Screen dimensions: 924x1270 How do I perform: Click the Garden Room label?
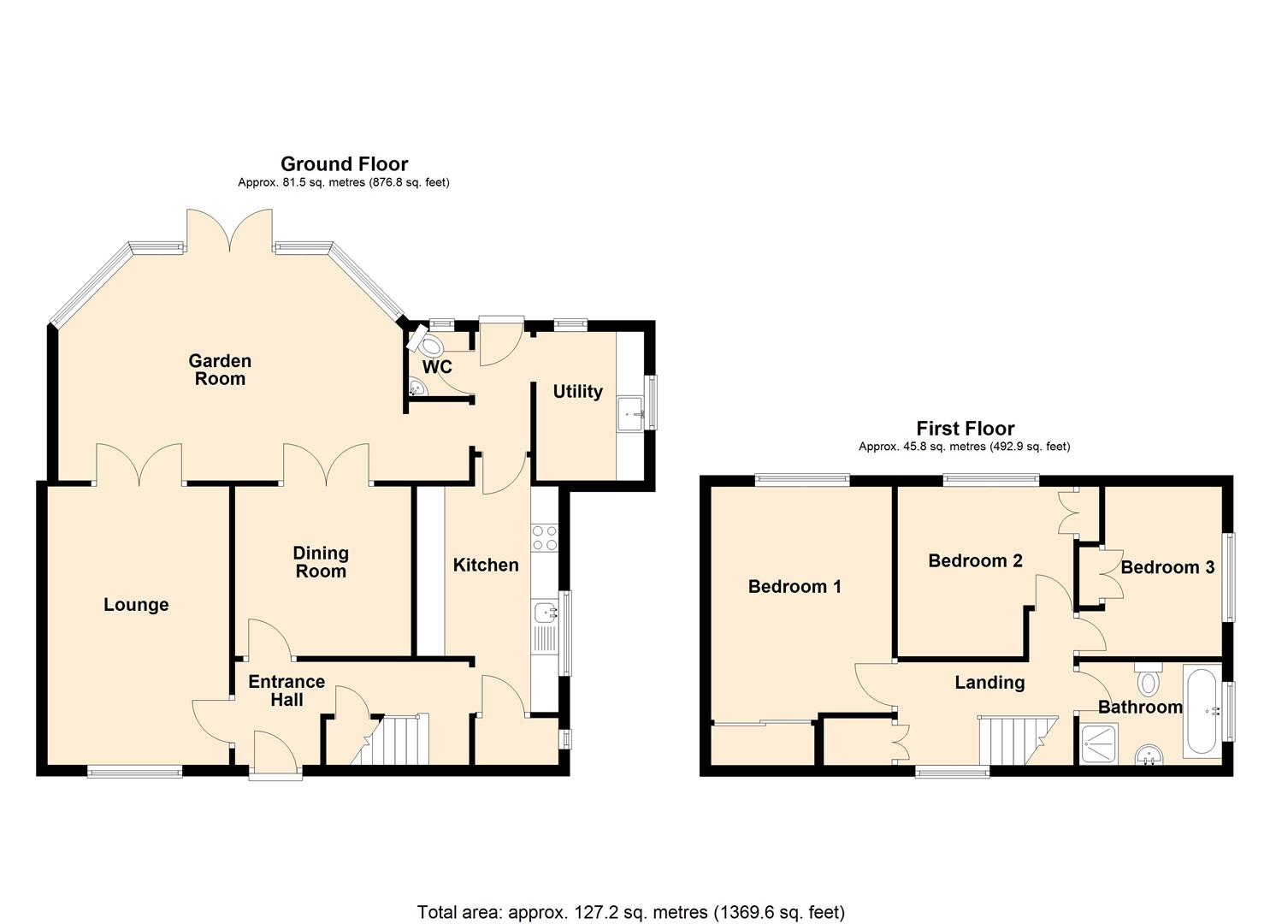coord(220,370)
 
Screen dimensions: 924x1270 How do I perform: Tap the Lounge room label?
coord(136,605)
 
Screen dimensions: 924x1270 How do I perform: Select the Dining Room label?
coord(321,562)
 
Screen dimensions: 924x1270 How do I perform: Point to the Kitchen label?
coord(485,565)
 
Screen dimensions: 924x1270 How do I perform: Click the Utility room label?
coord(577,391)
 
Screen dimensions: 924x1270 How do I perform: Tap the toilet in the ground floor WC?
coord(428,342)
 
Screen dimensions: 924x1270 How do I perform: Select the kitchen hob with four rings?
coord(545,538)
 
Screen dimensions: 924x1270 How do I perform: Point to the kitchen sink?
coord(545,612)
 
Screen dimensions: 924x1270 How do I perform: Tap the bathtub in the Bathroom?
coord(1202,711)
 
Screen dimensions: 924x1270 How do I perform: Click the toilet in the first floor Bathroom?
coord(1148,681)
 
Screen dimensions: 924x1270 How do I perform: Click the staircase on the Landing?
coord(1014,741)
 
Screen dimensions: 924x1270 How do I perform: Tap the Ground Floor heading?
coord(344,163)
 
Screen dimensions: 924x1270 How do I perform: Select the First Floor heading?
coord(965,428)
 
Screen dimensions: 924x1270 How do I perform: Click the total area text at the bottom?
coord(630,911)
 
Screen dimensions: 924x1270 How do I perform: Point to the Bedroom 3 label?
coord(1167,567)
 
